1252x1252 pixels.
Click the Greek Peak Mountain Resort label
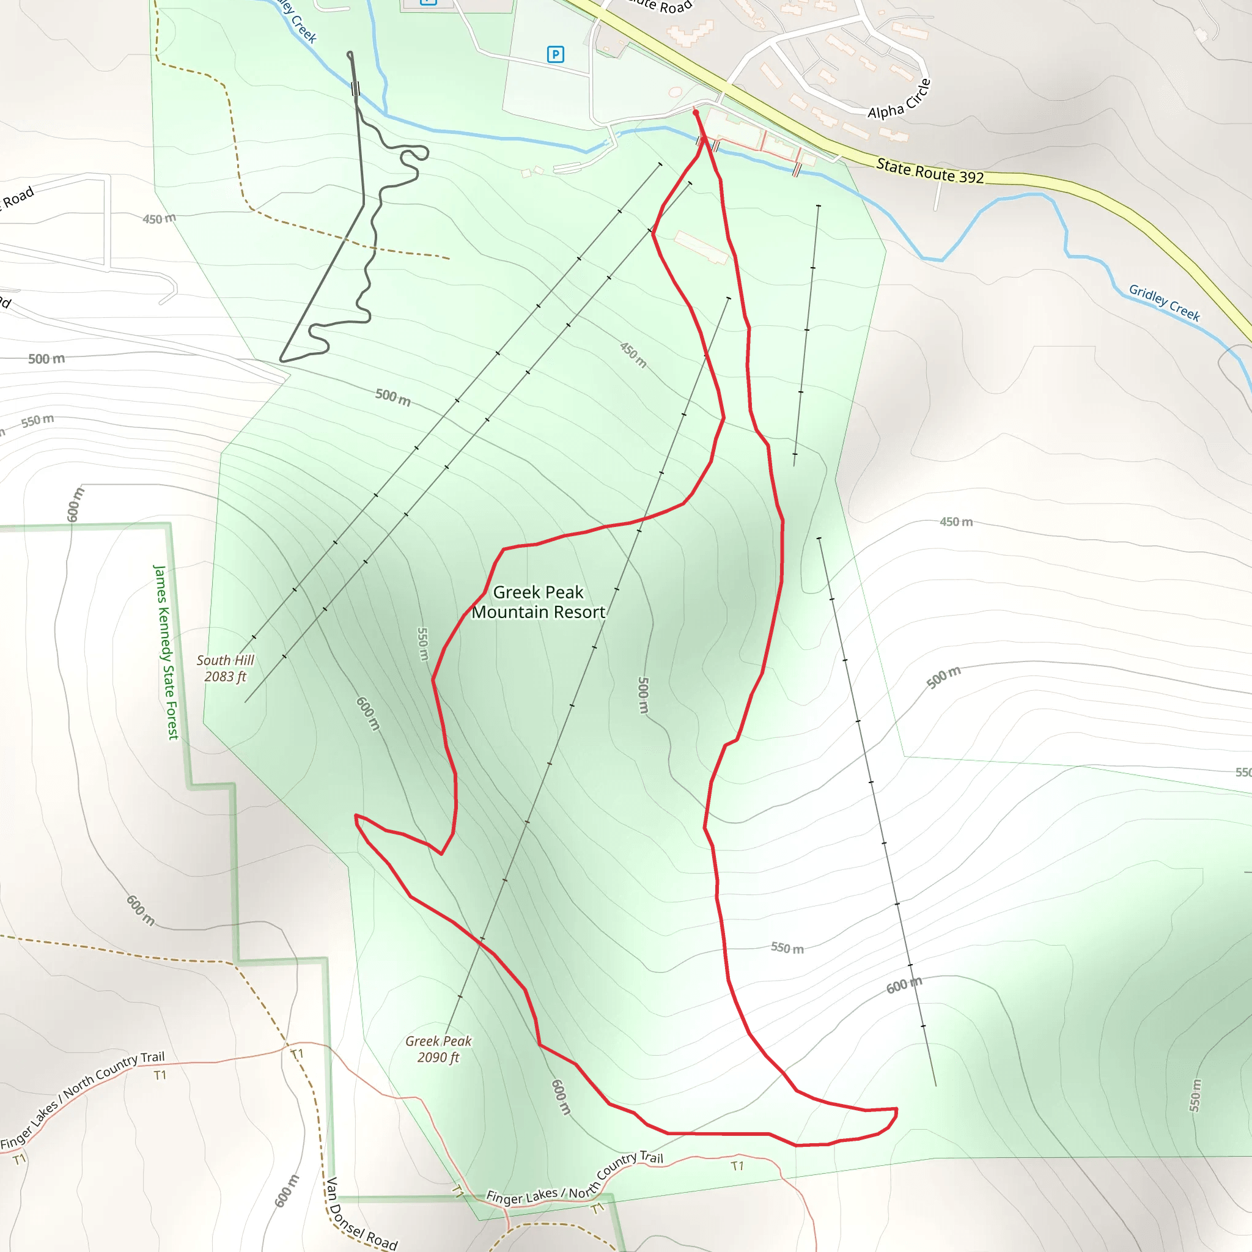tap(538, 602)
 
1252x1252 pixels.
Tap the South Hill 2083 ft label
tap(225, 668)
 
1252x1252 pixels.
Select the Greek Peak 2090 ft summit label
tap(438, 1048)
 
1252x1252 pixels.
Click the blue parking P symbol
tap(555, 54)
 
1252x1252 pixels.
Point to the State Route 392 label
tap(929, 171)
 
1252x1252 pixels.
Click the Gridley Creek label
tap(1164, 303)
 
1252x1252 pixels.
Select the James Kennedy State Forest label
tap(166, 651)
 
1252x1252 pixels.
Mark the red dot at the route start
tap(695, 112)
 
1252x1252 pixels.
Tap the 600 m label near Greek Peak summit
tap(561, 1097)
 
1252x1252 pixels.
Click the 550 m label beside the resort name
tap(422, 644)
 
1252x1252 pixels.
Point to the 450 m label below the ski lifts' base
tap(633, 355)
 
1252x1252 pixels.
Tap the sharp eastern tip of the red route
tap(896, 1109)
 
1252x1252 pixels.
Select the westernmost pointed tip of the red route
tap(356, 816)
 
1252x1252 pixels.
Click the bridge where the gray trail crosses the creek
tap(355, 89)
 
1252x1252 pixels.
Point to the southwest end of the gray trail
tap(281, 359)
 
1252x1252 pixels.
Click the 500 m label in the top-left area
tap(46, 358)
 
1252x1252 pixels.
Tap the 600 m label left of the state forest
tap(75, 504)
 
